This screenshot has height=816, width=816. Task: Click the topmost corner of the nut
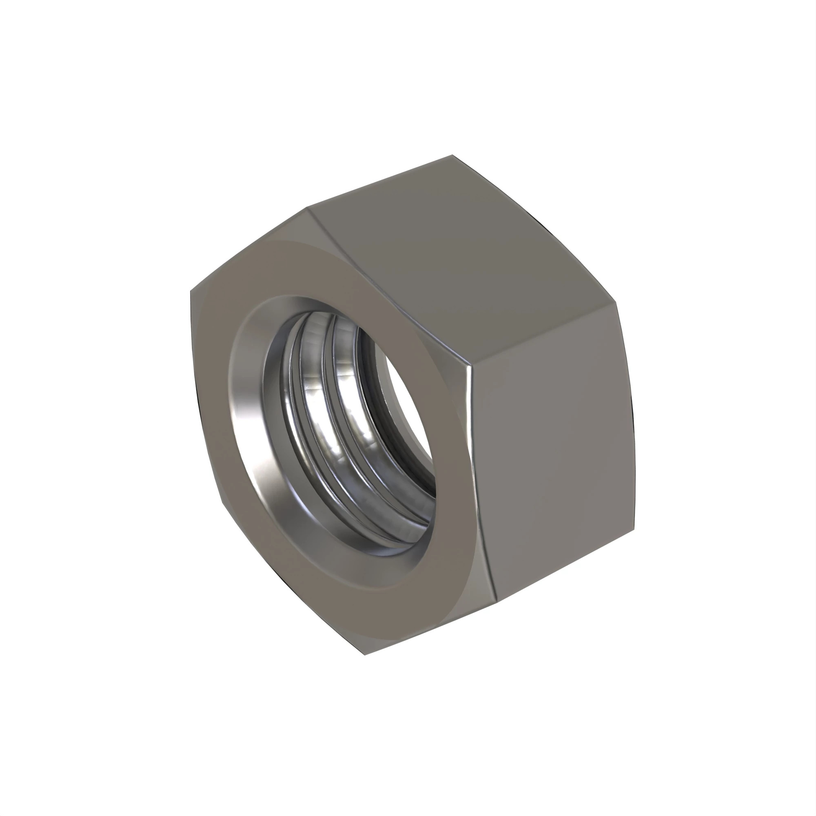pyautogui.click(x=452, y=155)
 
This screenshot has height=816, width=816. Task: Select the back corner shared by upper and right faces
pyautogui.click(x=615, y=302)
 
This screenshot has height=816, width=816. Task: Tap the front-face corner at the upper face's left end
pyautogui.click(x=308, y=208)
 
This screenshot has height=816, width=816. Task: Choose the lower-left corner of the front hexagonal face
pyautogui.click(x=220, y=503)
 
